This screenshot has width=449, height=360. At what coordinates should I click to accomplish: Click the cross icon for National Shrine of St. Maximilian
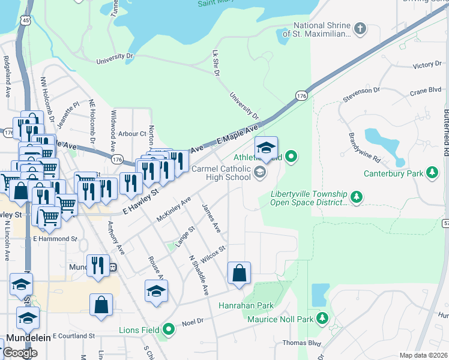tap(360, 28)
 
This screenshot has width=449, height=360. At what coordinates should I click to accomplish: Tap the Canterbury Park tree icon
tap(430, 174)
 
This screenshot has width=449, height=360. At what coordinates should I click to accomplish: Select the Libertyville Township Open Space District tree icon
tap(357, 197)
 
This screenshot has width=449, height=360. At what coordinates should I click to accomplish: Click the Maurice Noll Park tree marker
tap(323, 318)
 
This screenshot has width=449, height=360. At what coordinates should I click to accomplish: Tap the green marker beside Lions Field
tap(169, 329)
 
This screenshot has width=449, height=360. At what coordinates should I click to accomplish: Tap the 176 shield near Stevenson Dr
tap(301, 95)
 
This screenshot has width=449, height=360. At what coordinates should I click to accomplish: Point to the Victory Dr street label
tap(427, 65)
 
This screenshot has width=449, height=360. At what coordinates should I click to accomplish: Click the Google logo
tap(20, 353)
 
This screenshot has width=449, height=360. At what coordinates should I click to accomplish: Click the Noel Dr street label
tap(193, 322)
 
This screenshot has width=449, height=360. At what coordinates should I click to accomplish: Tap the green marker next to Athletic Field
tap(291, 158)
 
